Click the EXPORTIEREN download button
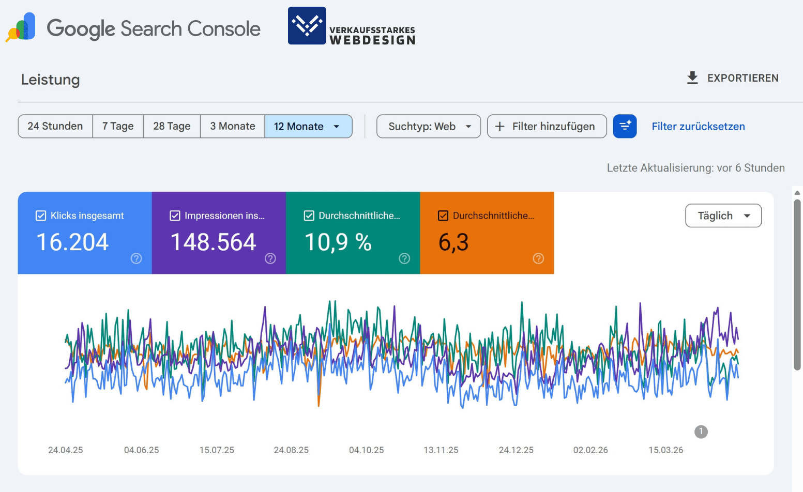pyautogui.click(x=732, y=78)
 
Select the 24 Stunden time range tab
pyautogui.click(x=55, y=127)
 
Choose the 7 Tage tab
pyautogui.click(x=118, y=127)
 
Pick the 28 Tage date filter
pyautogui.click(x=172, y=127)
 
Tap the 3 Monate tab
pyautogui.click(x=233, y=127)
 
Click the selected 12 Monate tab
pyautogui.click(x=308, y=127)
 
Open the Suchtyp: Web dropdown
pyautogui.click(x=429, y=127)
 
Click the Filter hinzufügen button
pyautogui.click(x=547, y=127)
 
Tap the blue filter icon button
pyautogui.click(x=625, y=127)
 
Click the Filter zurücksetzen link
pyautogui.click(x=698, y=127)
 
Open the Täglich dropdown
pyautogui.click(x=723, y=216)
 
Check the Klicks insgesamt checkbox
pyautogui.click(x=41, y=216)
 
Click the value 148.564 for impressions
pyautogui.click(x=213, y=242)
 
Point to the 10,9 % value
pyautogui.click(x=338, y=242)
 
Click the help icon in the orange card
pyautogui.click(x=538, y=258)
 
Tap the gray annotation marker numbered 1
pyautogui.click(x=701, y=432)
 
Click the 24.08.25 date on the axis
pyautogui.click(x=291, y=450)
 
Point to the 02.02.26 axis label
pyautogui.click(x=590, y=450)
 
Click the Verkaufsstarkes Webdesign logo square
pyautogui.click(x=307, y=26)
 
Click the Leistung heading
pyautogui.click(x=50, y=80)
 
